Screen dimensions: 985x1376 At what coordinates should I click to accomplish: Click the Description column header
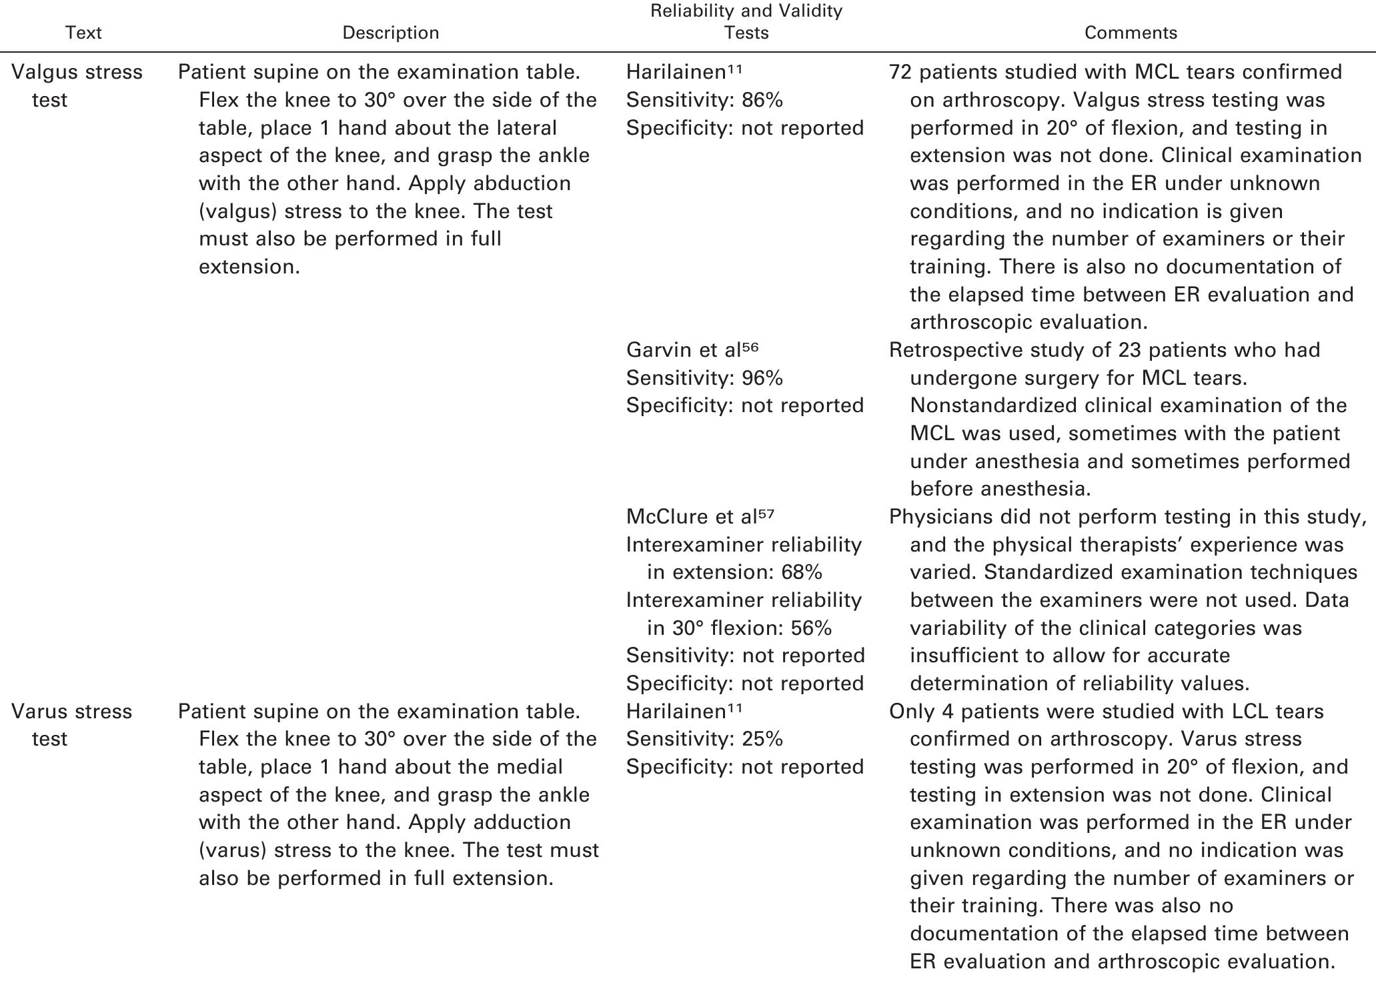[x=390, y=33]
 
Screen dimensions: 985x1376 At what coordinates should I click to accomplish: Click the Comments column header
[x=1131, y=33]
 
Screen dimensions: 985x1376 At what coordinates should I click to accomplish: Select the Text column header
[x=83, y=33]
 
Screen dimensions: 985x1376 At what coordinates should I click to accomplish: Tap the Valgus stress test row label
[x=77, y=85]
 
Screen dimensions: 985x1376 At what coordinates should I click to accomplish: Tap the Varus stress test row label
[x=71, y=725]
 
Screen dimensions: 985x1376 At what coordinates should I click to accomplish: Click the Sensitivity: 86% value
[x=704, y=100]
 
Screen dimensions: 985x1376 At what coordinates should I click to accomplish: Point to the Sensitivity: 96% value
[x=704, y=378]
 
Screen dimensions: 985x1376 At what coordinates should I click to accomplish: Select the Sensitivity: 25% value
[x=704, y=739]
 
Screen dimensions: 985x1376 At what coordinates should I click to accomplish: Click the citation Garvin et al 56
[x=692, y=350]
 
